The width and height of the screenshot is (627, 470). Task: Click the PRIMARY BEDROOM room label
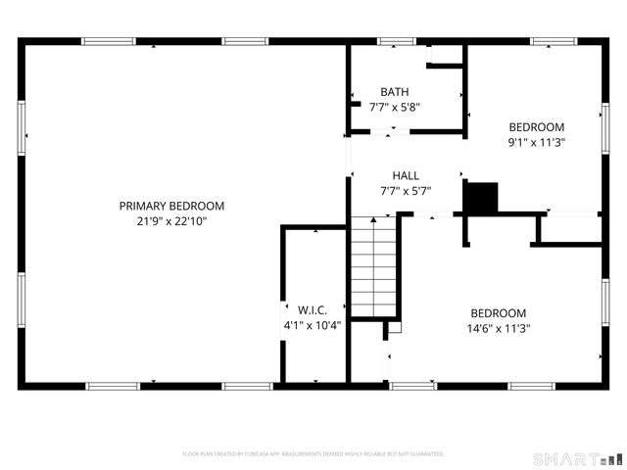pos(171,206)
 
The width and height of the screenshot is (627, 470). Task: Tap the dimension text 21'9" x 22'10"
pos(171,221)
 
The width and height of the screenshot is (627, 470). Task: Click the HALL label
pos(406,175)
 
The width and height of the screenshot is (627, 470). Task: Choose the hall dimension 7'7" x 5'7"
pos(406,191)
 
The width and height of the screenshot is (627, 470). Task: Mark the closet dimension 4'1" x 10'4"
pos(312,325)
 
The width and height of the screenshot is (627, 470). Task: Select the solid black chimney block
pos(481,198)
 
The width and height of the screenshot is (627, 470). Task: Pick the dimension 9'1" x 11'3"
pos(536,142)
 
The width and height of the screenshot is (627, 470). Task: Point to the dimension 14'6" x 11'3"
pos(497,329)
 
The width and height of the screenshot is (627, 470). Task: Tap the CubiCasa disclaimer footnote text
pos(313,454)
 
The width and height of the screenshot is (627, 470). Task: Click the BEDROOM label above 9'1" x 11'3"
pos(536,126)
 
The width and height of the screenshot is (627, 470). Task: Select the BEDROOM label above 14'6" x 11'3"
pos(497,313)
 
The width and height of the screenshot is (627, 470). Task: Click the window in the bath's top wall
pos(395,41)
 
